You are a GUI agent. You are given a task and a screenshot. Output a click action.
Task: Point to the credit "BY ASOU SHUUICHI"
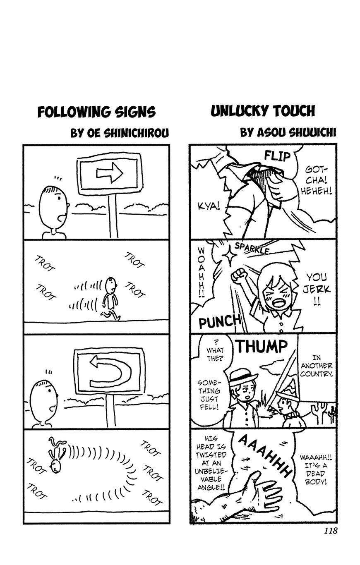point(288,132)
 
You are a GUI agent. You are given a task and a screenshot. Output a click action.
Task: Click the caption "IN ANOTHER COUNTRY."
point(317,366)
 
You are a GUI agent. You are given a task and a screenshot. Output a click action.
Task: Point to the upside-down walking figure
point(57,455)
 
